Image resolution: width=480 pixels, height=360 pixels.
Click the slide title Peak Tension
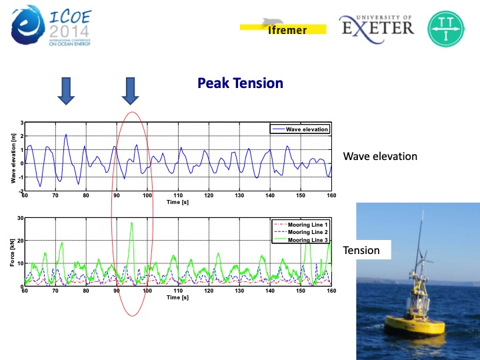(x=240, y=83)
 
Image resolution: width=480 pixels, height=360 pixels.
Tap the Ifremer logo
(x=283, y=27)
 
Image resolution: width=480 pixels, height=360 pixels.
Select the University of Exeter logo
(x=377, y=26)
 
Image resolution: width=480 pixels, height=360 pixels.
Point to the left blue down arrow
(x=65, y=90)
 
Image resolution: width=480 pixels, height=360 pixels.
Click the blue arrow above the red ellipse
(x=131, y=90)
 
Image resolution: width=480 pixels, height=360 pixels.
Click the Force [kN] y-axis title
(x=12, y=252)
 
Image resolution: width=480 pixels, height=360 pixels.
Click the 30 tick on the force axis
(x=20, y=218)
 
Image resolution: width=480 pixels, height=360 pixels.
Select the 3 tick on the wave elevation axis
(x=21, y=123)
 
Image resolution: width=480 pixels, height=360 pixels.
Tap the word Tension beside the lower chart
(x=361, y=251)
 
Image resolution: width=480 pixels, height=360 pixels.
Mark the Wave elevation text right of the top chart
(x=380, y=157)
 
